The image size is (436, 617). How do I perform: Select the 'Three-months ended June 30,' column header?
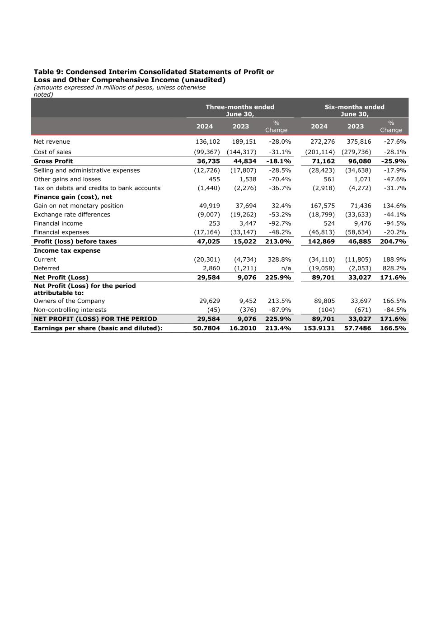240,110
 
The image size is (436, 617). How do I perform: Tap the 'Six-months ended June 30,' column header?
354,110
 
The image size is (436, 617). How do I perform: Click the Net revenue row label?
52,141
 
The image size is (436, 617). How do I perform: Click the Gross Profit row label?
53,161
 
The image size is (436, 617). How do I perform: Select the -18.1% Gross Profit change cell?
279,161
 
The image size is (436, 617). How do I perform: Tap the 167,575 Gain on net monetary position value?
322,206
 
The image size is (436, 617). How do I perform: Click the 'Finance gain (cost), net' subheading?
73,197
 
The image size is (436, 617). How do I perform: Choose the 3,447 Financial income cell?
247,223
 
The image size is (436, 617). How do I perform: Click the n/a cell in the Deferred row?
286,268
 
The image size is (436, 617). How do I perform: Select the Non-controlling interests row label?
70,310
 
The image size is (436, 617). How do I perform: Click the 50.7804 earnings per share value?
206,328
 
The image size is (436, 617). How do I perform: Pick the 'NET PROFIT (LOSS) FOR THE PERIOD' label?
95,319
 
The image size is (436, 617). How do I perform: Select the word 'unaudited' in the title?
203,80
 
